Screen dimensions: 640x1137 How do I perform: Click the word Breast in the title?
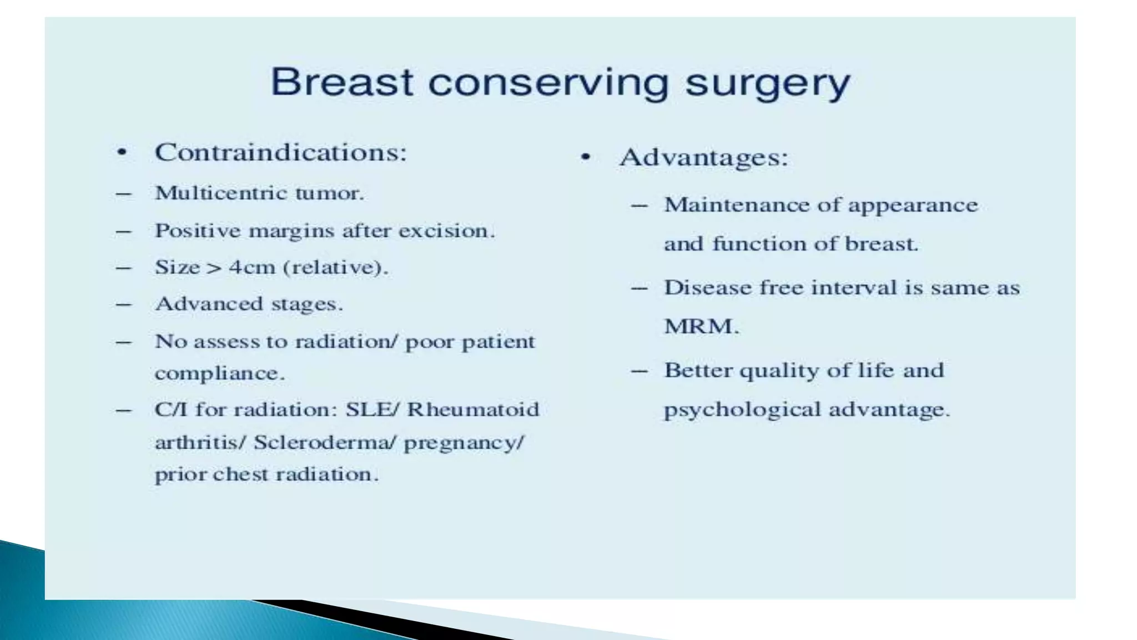(x=341, y=83)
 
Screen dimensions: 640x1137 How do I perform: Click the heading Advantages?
(x=704, y=158)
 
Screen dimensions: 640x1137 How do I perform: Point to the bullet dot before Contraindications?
(x=122, y=153)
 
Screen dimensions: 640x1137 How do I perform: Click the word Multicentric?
(x=219, y=193)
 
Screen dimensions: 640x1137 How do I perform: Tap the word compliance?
(x=219, y=373)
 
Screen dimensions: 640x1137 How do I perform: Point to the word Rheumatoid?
(x=473, y=409)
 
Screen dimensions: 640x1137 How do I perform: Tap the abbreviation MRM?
(x=701, y=326)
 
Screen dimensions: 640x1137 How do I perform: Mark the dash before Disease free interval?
(x=640, y=288)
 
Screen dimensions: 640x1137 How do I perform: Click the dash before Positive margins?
(x=123, y=231)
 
